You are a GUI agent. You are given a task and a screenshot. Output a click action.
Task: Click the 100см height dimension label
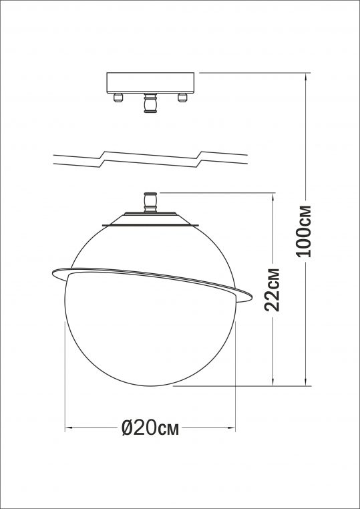pos(305,230)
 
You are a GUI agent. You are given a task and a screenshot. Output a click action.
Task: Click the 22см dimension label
pos(272,291)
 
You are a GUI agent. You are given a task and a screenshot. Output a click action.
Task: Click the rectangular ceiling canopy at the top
pos(151,82)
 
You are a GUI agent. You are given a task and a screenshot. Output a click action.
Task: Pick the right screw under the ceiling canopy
pos(180,98)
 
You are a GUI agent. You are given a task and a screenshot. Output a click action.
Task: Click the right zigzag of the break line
pos(200,157)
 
